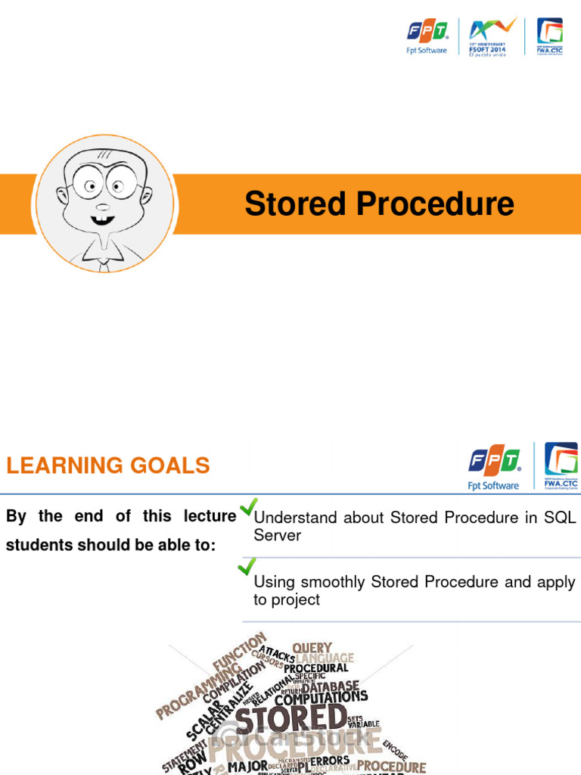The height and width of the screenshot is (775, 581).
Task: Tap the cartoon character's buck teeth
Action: point(103,220)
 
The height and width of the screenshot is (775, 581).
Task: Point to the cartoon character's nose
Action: point(103,207)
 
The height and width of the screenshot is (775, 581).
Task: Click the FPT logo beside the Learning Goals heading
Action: point(494,468)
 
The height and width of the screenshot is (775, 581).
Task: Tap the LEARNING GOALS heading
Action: point(108,465)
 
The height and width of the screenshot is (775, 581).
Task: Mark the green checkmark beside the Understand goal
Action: point(248,507)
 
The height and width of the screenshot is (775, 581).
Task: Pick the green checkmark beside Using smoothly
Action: point(247,567)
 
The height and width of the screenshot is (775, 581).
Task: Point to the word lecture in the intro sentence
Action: point(210,516)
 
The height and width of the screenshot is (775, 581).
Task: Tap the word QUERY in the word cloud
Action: point(312,648)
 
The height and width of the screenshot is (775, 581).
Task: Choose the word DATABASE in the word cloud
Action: point(331,686)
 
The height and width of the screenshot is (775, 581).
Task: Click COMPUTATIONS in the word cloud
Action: point(321,698)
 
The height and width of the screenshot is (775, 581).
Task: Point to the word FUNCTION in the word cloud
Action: point(239,651)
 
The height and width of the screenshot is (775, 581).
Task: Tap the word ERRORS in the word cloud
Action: point(331,761)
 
